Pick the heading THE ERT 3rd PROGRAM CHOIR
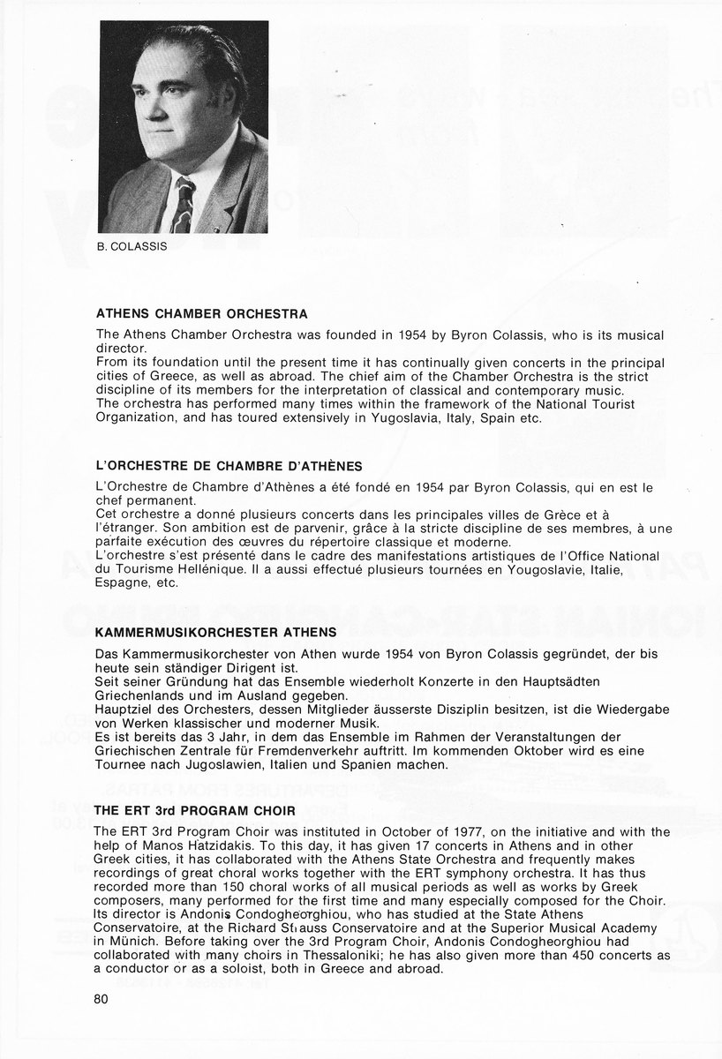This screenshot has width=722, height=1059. [195, 809]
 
